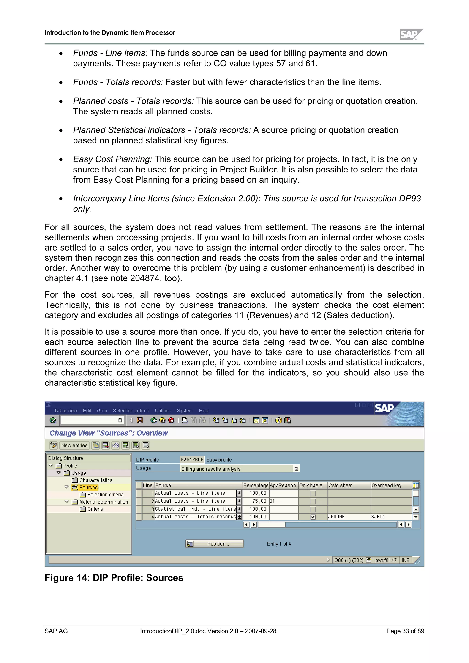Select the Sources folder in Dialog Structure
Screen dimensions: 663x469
88,488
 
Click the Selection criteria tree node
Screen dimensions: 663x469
105,495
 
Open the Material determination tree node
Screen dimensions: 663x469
104,502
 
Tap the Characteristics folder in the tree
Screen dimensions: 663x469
96,480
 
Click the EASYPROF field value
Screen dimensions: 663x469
192,459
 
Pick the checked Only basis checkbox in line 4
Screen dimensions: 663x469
313,517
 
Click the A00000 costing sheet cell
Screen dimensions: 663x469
337,517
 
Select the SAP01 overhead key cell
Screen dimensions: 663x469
378,517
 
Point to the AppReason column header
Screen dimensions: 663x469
283,485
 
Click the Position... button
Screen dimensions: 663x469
215,544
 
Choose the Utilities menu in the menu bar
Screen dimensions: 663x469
163,411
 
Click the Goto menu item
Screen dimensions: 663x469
102,411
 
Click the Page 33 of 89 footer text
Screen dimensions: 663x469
405,631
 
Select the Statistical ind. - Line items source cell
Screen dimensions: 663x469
195,509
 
